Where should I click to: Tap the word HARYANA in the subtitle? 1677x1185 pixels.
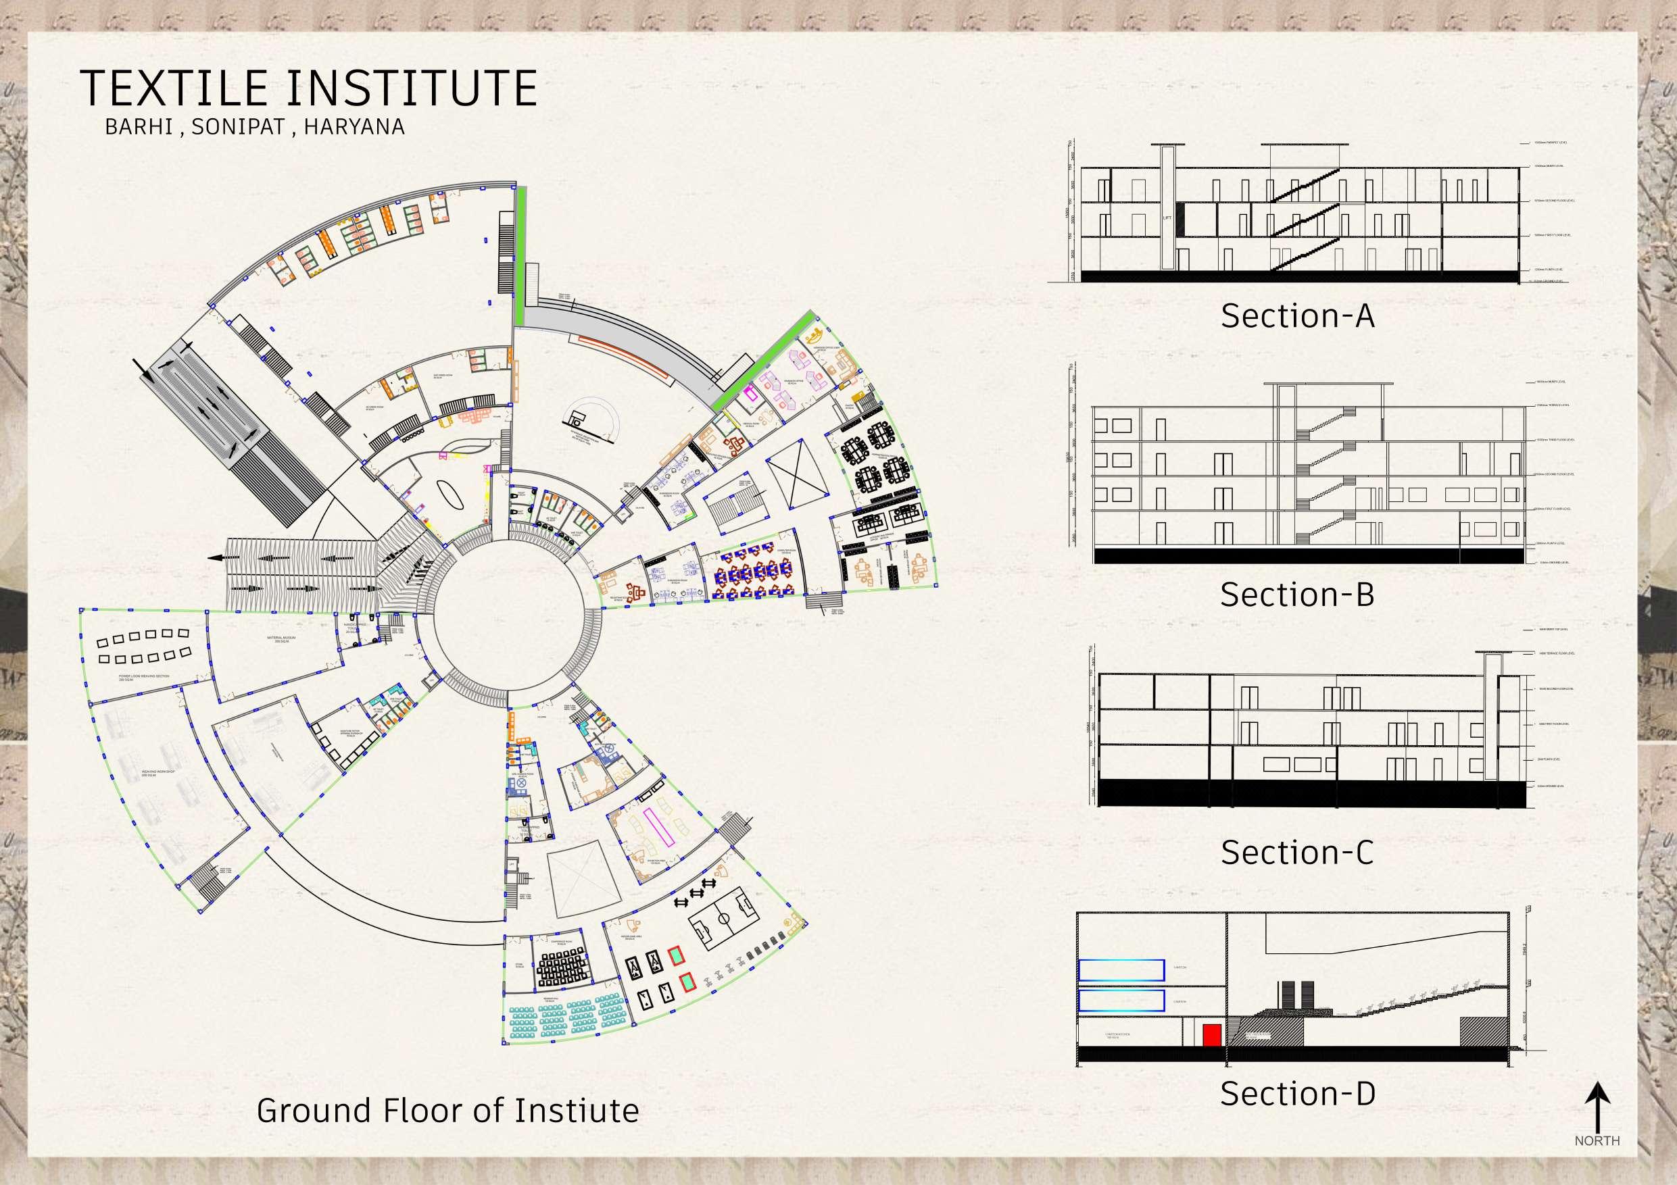354,127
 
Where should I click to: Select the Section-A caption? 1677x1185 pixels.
1297,316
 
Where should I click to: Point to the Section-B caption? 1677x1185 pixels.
1297,595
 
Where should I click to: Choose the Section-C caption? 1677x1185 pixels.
1297,852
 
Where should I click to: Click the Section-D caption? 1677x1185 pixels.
1297,1093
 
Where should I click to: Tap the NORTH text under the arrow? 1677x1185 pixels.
1597,1140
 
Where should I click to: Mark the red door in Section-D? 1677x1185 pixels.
1212,1034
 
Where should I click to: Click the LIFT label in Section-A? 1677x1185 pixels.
1167,218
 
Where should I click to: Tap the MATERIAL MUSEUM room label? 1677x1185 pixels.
281,640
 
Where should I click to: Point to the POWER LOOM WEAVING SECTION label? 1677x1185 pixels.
144,678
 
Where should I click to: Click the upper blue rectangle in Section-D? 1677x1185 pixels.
1121,969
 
